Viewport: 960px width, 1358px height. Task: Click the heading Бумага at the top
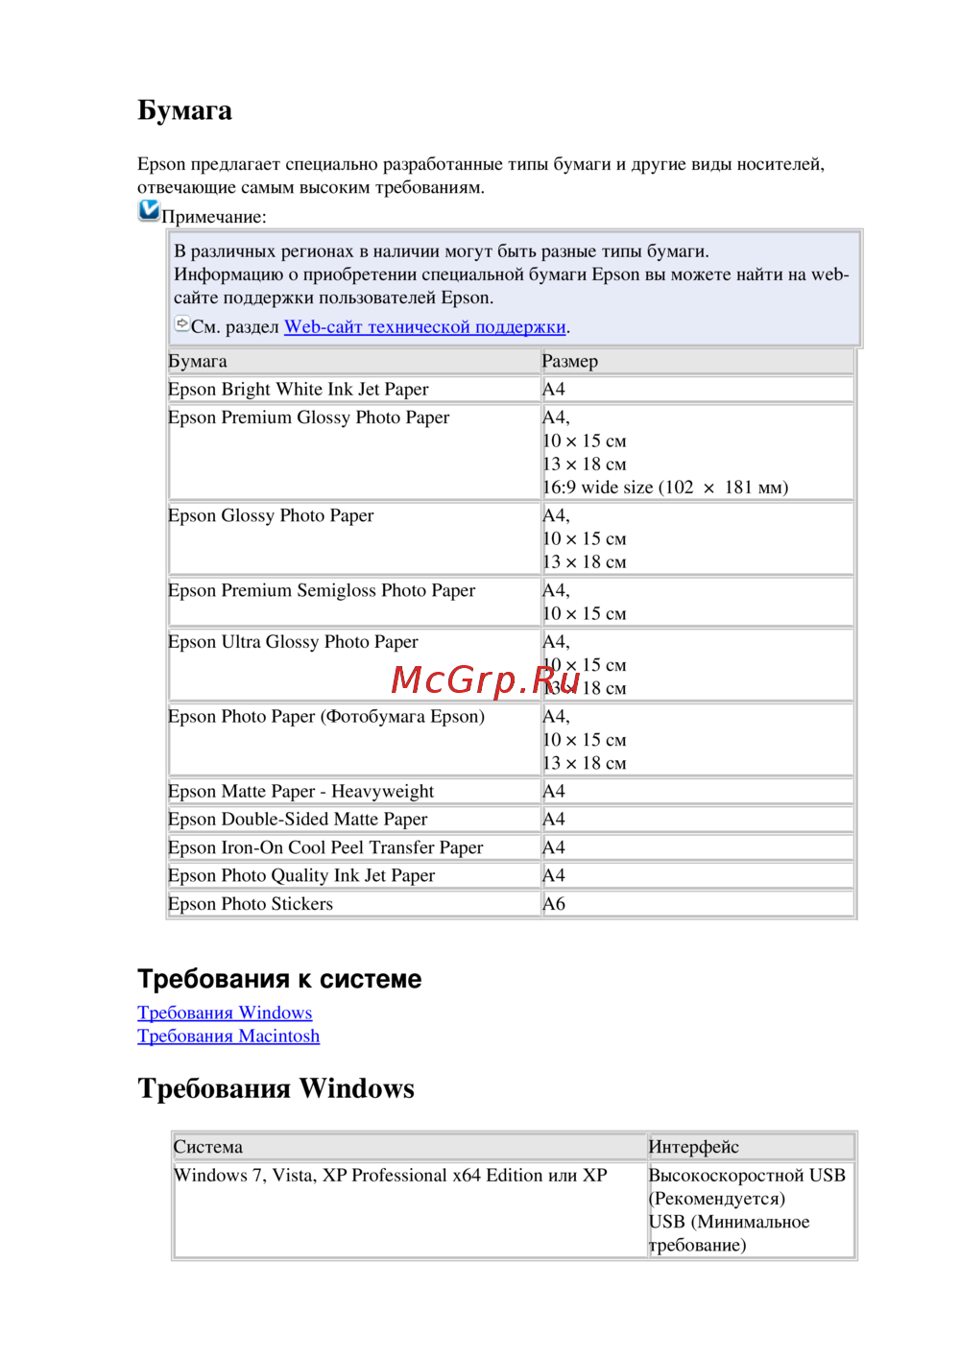tap(184, 110)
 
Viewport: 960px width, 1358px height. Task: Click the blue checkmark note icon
tap(149, 210)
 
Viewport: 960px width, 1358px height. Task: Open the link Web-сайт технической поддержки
tap(424, 326)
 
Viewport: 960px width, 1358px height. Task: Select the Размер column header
tap(569, 361)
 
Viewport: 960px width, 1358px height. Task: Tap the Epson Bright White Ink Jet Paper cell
tap(298, 389)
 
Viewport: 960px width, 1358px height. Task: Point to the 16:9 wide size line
tap(664, 487)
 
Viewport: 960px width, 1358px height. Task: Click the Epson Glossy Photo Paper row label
tap(271, 515)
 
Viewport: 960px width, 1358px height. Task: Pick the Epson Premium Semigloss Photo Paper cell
tap(321, 590)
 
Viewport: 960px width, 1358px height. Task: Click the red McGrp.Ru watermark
tap(485, 679)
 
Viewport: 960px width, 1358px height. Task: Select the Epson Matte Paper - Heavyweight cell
tap(300, 791)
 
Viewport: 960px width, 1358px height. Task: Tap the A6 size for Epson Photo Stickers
tap(554, 903)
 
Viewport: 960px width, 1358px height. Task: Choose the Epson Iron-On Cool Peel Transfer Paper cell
tap(325, 847)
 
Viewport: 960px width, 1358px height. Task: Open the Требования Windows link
tap(225, 1013)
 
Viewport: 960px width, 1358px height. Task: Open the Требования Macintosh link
tap(228, 1036)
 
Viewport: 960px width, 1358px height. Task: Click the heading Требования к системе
tap(279, 979)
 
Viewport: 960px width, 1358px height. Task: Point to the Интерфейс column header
tap(693, 1147)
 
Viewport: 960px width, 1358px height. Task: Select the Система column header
tap(208, 1147)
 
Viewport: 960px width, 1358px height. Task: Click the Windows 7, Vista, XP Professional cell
tap(390, 1175)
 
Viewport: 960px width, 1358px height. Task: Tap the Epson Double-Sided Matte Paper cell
tap(298, 819)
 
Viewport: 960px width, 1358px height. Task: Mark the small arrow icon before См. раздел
tap(181, 324)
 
